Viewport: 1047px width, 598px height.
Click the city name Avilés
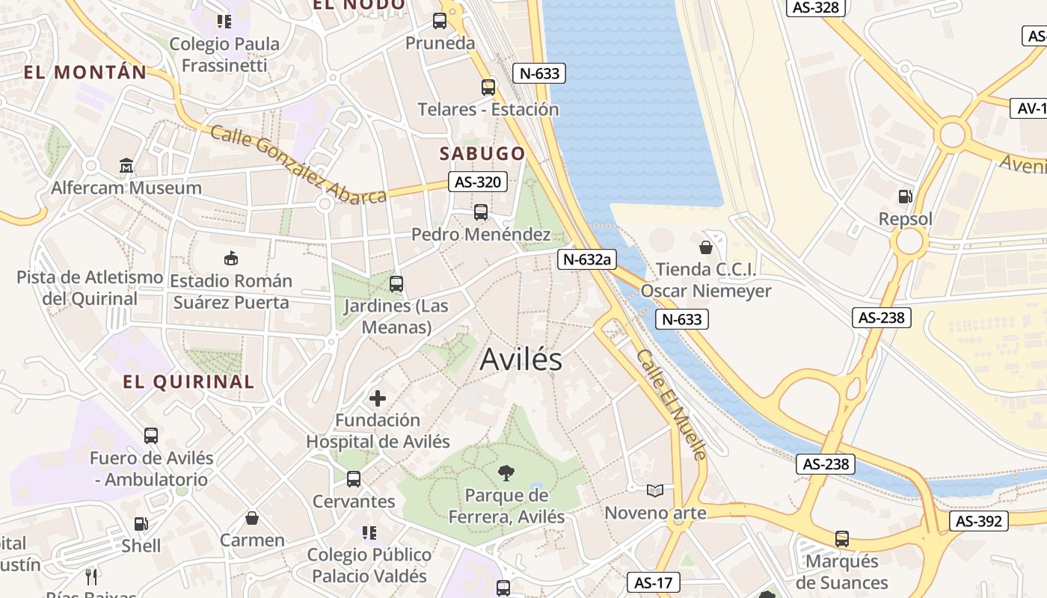[521, 360]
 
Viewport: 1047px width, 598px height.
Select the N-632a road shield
[587, 259]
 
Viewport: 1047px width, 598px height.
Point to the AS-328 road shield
[817, 7]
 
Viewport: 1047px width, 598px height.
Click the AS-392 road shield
[979, 521]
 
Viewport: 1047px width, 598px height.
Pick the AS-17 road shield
[654, 582]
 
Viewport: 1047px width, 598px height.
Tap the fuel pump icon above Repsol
[905, 197]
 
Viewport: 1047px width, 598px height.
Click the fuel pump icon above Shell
[141, 524]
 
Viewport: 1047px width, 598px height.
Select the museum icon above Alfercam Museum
[126, 165]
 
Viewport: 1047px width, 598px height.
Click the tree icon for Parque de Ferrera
[506, 472]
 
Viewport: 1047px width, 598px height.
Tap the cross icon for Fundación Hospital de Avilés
[378, 398]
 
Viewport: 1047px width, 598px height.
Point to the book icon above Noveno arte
[655, 490]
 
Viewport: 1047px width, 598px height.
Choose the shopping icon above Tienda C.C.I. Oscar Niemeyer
[705, 247]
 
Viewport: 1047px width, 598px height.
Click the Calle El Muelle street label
[672, 404]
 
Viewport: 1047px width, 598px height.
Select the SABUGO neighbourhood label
[482, 153]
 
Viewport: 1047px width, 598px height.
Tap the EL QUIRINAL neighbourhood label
[188, 381]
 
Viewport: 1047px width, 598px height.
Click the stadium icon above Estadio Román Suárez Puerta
[230, 258]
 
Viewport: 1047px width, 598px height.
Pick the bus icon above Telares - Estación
[488, 87]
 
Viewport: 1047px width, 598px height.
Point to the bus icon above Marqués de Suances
[842, 538]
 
